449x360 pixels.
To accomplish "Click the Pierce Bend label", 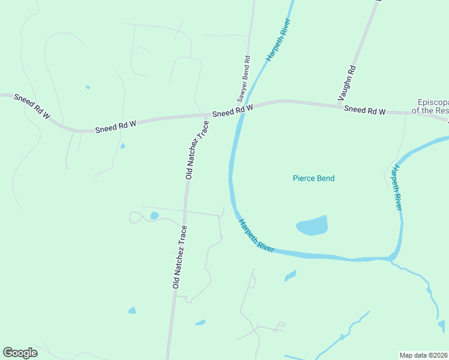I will click(x=313, y=178).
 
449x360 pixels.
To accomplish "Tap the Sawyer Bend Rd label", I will click(x=243, y=78).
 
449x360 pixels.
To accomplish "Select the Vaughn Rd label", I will click(x=346, y=83).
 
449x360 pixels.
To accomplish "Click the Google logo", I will click(x=20, y=352).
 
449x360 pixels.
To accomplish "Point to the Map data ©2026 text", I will click(x=423, y=355).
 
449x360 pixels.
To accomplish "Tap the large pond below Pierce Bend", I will click(x=312, y=226).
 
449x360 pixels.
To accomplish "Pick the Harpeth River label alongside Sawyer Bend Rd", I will click(x=279, y=40).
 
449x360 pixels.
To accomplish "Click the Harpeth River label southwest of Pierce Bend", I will click(x=256, y=235).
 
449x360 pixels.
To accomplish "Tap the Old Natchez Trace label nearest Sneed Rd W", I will click(x=197, y=150).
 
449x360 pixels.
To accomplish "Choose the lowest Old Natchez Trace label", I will click(x=179, y=257).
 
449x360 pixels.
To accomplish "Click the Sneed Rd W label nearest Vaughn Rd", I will click(x=364, y=111).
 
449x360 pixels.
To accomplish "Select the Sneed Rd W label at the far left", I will click(x=32, y=105).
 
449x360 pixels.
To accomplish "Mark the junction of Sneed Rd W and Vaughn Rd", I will click(x=337, y=106).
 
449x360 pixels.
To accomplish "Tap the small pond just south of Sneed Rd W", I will click(x=123, y=146).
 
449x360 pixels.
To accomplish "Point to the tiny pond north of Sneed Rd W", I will click(x=88, y=88).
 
